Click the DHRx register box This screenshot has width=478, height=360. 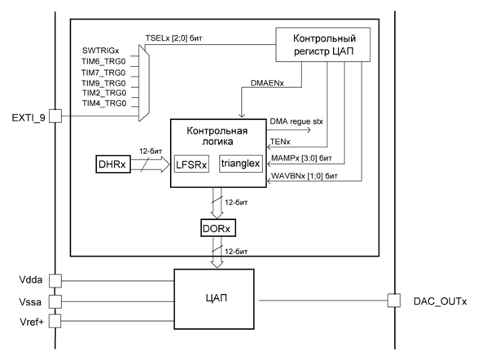click(113, 164)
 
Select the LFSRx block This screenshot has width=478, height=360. click(191, 164)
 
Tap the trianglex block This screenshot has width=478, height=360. click(241, 164)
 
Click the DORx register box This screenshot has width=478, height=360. click(218, 227)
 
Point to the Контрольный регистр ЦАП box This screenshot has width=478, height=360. click(322, 45)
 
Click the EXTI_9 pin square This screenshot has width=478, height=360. click(55, 116)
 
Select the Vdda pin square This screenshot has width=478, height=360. click(55, 280)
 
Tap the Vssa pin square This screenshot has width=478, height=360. click(55, 301)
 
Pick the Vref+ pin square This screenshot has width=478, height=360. click(55, 321)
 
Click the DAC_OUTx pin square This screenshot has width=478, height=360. click(394, 301)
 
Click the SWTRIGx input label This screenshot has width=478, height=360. click(101, 50)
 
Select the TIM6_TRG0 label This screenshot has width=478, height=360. click(103, 61)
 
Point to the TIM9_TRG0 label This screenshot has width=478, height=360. click(103, 83)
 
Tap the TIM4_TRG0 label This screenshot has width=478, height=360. click(104, 103)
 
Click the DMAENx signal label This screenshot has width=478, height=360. click(267, 82)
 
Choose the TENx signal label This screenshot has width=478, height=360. click(280, 142)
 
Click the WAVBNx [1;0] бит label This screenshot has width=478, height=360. click(305, 176)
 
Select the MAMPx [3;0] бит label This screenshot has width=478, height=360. click(301, 158)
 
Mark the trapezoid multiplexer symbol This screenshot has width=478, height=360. click(144, 83)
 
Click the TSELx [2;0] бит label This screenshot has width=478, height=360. click(173, 38)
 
